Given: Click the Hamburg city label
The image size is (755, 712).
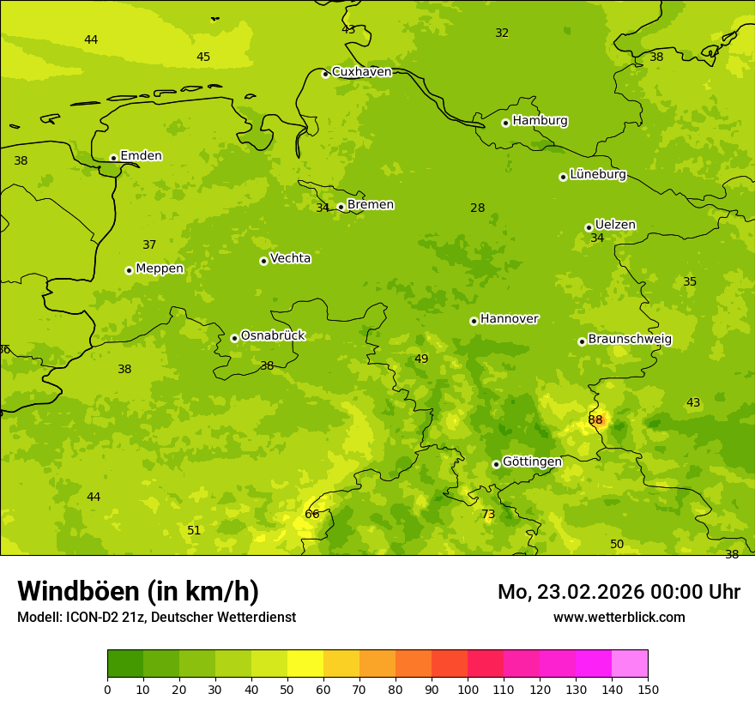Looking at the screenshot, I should click(x=540, y=121).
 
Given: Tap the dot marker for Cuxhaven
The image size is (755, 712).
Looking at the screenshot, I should click(x=325, y=74).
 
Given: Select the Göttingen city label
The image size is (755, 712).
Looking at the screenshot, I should click(x=532, y=462).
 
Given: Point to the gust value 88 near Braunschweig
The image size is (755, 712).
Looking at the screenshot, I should click(x=595, y=419).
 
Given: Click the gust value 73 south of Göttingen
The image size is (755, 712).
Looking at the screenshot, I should click(x=488, y=514).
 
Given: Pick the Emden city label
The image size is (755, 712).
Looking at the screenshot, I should click(x=141, y=155).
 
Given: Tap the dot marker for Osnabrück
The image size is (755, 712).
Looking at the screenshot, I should click(x=234, y=338).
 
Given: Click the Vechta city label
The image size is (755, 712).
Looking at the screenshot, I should click(x=290, y=258).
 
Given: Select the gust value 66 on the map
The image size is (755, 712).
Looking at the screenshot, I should click(x=312, y=514).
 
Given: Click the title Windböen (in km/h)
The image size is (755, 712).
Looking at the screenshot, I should click(x=138, y=591).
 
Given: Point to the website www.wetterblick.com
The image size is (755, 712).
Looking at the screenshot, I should click(x=619, y=617).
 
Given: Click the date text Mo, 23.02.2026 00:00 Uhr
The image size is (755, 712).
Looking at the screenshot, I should click(x=619, y=592).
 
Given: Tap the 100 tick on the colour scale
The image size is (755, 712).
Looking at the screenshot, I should click(x=468, y=689).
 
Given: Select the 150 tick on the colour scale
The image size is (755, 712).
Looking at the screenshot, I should click(x=648, y=689).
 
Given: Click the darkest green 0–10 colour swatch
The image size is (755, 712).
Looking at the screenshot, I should click(x=125, y=664).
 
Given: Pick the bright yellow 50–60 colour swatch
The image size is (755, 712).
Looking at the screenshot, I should click(x=305, y=664).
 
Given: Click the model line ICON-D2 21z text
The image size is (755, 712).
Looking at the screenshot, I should click(x=156, y=617).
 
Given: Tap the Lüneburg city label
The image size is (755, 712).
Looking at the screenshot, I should click(x=598, y=174).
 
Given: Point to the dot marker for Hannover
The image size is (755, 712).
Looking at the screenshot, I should click(x=474, y=321).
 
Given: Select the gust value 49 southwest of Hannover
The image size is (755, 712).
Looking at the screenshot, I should click(x=421, y=359).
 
